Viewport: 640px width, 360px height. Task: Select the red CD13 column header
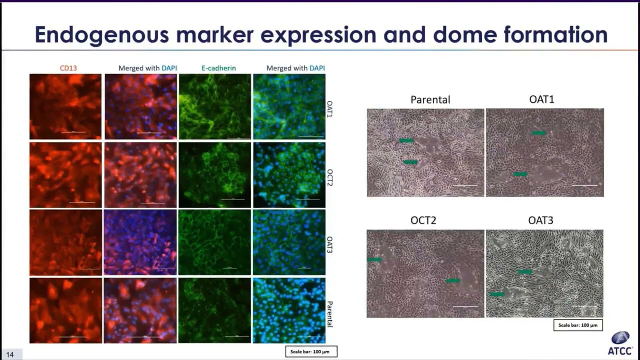point(68,68)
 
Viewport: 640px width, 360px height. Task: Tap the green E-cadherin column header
point(219,68)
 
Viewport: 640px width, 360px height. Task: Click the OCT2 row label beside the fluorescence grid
point(329,176)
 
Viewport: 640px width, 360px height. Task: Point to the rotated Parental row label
point(329,314)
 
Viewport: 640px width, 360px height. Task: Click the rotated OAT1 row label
point(329,108)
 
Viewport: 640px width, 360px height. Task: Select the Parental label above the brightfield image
point(430,99)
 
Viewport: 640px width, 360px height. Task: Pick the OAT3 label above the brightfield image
point(540,220)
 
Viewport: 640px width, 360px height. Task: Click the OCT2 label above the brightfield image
point(423,220)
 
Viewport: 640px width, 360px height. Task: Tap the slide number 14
point(10,354)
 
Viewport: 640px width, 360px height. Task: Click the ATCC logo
point(620,343)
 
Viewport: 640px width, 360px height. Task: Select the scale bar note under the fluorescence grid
point(310,352)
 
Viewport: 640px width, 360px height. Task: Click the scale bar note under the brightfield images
point(577,325)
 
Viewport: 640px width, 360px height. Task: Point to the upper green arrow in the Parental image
point(406,141)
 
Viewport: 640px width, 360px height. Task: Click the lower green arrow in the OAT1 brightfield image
point(520,174)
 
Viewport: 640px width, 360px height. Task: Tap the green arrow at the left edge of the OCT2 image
point(374,259)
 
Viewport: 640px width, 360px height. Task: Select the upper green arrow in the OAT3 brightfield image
point(525,271)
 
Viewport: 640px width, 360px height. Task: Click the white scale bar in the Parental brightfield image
point(465,185)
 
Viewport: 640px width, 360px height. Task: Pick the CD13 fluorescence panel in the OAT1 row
point(65,106)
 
